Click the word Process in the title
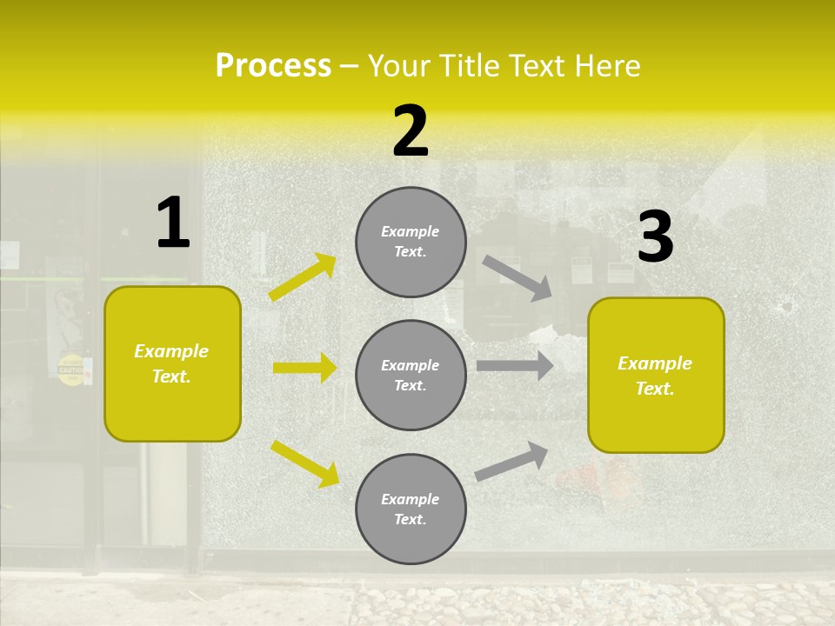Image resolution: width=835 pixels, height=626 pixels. click(x=273, y=66)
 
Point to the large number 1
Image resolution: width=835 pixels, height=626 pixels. click(x=173, y=223)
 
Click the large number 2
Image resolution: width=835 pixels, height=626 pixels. click(x=411, y=131)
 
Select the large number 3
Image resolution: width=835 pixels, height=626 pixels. click(x=655, y=237)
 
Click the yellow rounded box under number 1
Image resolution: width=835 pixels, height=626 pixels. click(x=172, y=363)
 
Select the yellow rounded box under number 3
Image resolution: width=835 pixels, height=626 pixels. click(x=656, y=376)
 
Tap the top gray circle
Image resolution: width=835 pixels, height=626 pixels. click(x=411, y=242)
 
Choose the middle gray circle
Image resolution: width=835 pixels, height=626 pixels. click(x=411, y=375)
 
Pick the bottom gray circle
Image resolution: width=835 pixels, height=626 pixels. click(x=411, y=509)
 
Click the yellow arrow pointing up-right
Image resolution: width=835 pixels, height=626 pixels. click(x=303, y=277)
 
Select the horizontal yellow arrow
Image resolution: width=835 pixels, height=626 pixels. click(x=304, y=368)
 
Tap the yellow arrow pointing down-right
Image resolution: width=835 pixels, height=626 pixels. click(x=304, y=463)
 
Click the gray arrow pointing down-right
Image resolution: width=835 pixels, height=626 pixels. click(x=518, y=277)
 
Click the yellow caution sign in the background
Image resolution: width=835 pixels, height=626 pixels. click(x=71, y=370)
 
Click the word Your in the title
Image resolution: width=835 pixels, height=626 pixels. click(x=397, y=66)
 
